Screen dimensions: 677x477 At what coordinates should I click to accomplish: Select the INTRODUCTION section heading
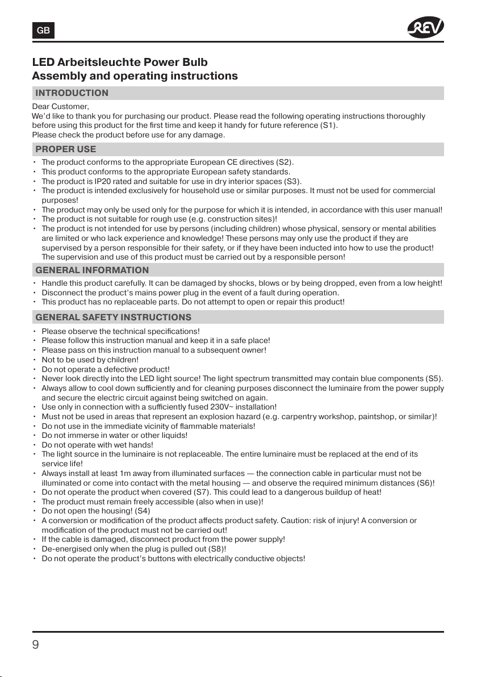coord(72,93)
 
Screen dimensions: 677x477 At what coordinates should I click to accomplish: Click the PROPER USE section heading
coord(65,149)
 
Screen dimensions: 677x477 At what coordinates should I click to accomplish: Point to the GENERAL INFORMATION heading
coord(92,270)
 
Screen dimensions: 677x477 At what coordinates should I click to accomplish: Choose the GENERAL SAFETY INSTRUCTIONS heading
coord(113,317)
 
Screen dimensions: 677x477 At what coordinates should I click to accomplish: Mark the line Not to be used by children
coord(90,360)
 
